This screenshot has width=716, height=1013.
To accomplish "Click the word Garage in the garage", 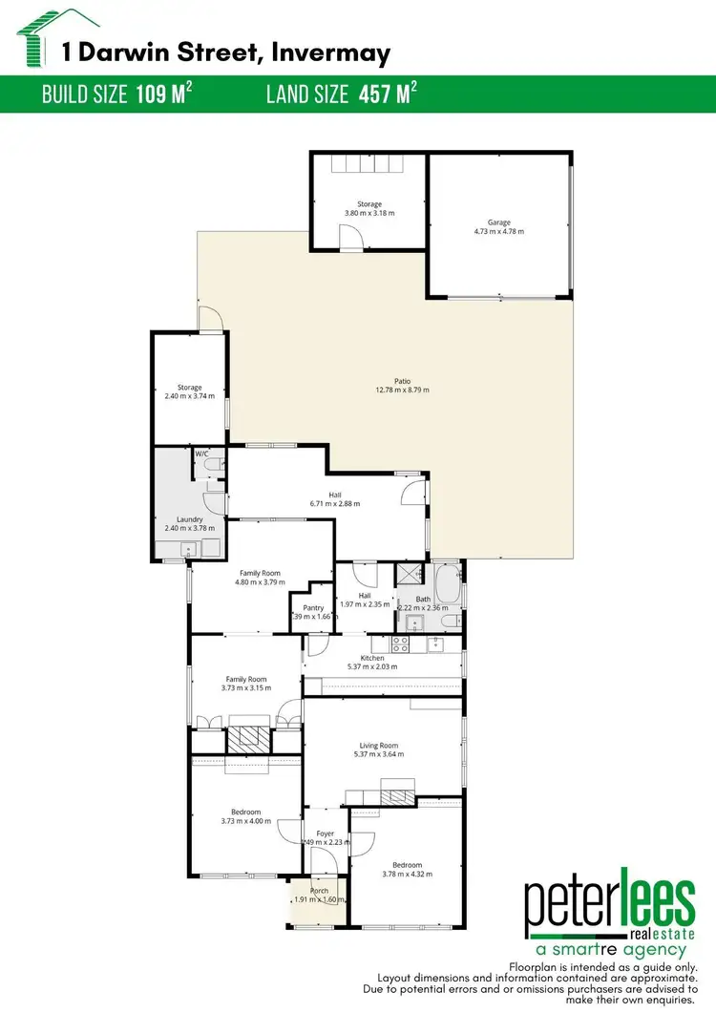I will tap(498, 222).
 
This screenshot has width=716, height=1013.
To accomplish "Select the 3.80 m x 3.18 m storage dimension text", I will tap(369, 213).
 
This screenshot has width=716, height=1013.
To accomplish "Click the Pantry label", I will tap(313, 607).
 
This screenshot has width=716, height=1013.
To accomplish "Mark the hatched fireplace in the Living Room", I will tap(397, 792).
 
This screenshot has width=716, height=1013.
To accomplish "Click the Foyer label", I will tap(325, 834).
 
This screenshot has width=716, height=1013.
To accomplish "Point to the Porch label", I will tap(319, 891).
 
